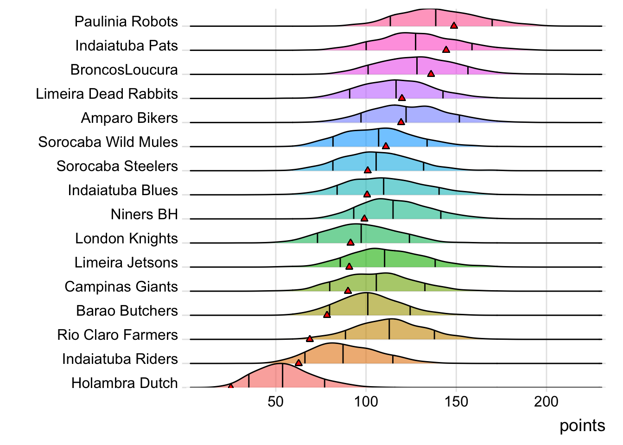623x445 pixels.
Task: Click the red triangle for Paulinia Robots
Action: tap(454, 25)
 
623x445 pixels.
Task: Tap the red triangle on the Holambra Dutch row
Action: tap(230, 386)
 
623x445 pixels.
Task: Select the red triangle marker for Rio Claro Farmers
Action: tap(310, 339)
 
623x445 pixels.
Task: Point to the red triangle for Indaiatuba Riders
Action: tap(299, 363)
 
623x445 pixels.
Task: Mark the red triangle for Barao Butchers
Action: tap(327, 315)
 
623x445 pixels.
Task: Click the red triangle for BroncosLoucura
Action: tap(431, 74)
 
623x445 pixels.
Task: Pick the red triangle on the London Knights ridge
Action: tap(350, 242)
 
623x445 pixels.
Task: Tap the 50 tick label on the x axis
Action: tap(276, 402)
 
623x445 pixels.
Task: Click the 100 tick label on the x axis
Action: tap(366, 402)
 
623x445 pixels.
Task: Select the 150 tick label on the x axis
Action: tap(456, 402)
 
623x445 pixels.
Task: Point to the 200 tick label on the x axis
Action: tap(546, 402)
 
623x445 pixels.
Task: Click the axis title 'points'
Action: tap(582, 426)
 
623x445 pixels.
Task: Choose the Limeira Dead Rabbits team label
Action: tap(107, 94)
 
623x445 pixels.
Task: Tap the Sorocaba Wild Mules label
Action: tap(108, 142)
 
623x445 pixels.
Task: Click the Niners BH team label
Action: tap(144, 214)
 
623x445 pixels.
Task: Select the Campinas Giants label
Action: tap(121, 286)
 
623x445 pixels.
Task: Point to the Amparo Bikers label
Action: tap(129, 118)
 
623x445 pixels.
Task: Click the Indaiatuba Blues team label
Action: tap(123, 190)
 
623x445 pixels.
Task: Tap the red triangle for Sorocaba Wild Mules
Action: tap(386, 146)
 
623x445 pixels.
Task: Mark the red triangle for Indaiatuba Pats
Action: tap(446, 50)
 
